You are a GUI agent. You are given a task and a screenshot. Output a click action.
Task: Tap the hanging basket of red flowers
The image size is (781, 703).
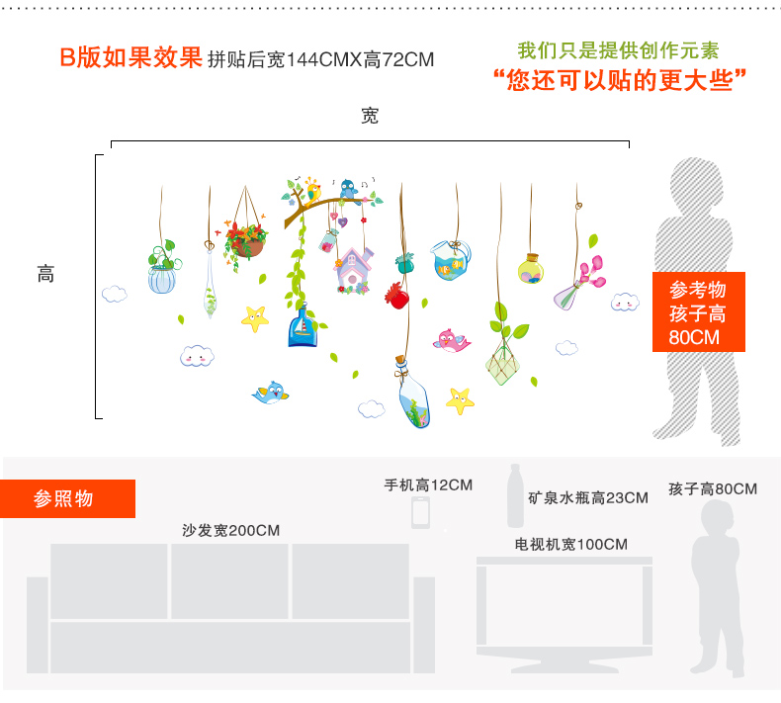(246, 240)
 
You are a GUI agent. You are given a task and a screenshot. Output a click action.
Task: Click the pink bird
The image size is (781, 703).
(452, 341)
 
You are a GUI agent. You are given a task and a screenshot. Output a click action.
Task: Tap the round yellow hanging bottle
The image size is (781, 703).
(532, 269)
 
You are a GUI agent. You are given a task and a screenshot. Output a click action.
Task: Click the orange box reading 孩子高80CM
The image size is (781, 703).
(698, 312)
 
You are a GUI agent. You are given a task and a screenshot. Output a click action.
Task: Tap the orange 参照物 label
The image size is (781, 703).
(67, 498)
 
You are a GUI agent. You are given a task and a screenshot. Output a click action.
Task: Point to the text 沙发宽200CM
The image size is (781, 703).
(230, 530)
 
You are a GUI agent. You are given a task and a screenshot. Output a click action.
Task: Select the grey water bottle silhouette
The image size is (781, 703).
(515, 497)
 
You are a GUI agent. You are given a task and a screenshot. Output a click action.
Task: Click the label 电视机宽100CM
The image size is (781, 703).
(570, 544)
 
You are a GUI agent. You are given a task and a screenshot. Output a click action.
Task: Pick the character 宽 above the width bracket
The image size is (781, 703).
(370, 116)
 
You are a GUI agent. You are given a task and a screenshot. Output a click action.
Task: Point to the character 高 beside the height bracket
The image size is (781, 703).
(45, 274)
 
